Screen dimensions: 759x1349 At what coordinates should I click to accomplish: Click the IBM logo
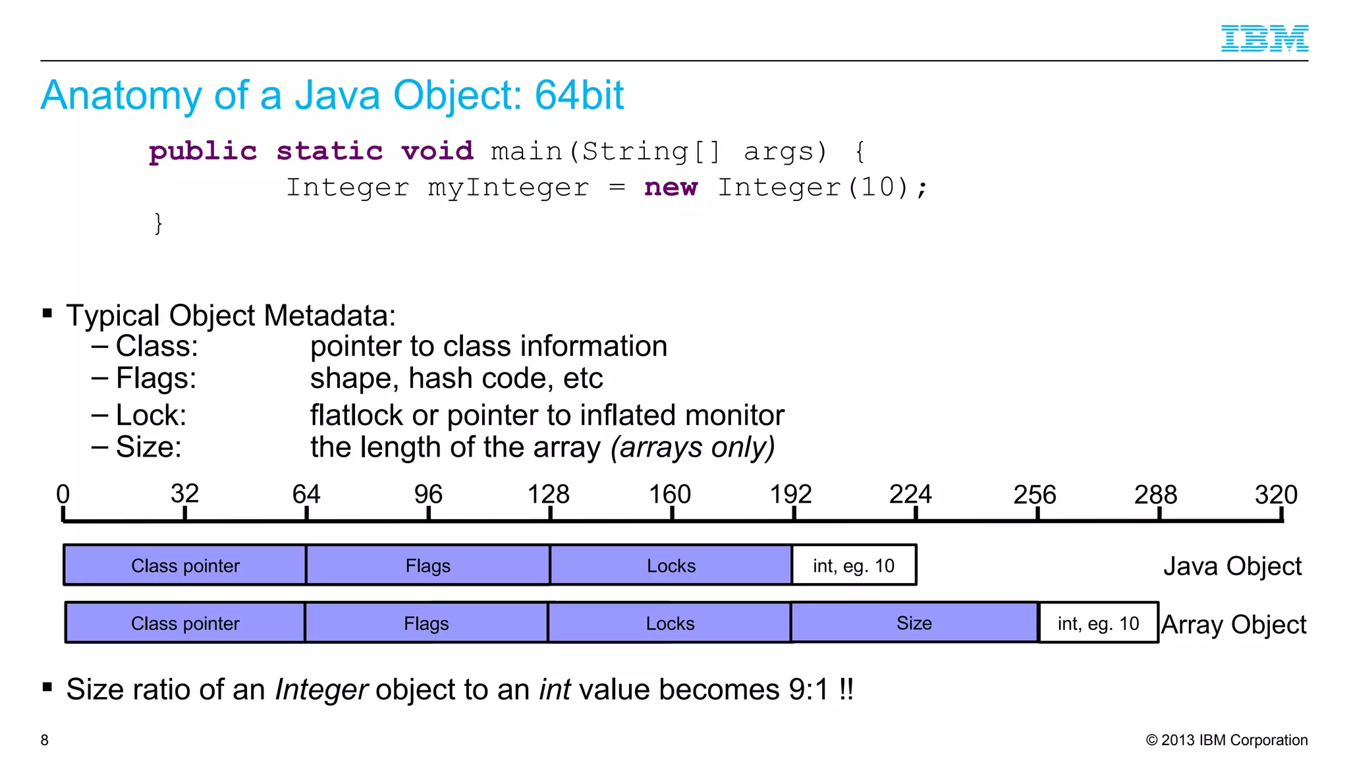tap(1264, 38)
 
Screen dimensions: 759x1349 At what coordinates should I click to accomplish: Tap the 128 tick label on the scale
tap(548, 494)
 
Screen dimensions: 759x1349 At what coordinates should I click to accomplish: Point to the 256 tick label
tap(1034, 494)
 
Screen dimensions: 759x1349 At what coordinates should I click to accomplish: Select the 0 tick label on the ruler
tap(63, 494)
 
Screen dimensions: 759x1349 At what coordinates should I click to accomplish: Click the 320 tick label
tap(1276, 494)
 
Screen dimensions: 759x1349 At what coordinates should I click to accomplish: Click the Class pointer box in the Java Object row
tap(185, 565)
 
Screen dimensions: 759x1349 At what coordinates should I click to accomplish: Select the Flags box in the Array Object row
tap(426, 623)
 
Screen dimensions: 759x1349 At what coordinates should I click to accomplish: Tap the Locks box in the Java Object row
tap(671, 565)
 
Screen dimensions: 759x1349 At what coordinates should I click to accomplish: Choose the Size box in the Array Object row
tap(914, 623)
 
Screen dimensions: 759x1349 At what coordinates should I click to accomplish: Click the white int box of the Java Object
tap(854, 565)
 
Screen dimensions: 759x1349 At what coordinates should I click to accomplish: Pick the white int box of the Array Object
tap(1098, 623)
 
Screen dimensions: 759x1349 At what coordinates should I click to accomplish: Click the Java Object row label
tap(1232, 566)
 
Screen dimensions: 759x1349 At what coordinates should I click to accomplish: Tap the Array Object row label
tap(1233, 624)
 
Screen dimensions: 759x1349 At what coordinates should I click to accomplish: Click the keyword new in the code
tap(671, 188)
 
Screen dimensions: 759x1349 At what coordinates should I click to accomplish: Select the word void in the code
tap(437, 151)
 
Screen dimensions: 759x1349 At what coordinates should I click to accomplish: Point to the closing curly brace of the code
tap(158, 223)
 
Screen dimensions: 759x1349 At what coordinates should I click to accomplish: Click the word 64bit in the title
tap(579, 95)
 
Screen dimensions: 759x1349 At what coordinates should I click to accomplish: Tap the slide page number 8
tap(44, 740)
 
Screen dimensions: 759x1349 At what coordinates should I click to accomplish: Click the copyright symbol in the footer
tap(1151, 740)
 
